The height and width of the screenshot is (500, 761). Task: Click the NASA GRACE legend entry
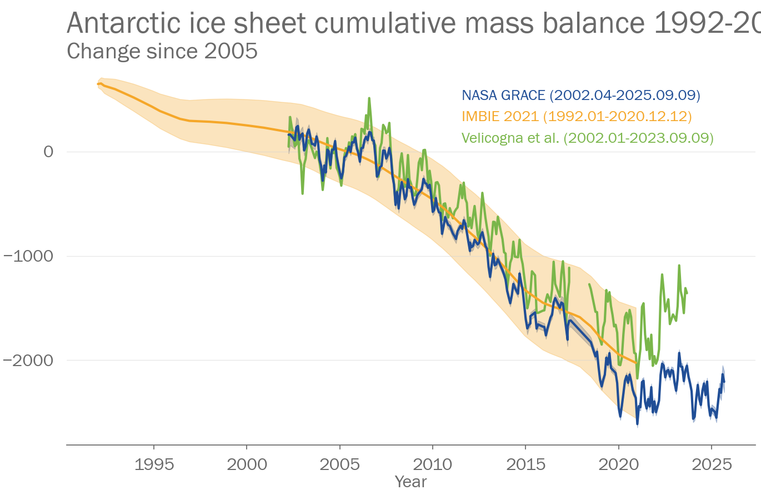580,95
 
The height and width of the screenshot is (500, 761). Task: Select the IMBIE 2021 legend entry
577,116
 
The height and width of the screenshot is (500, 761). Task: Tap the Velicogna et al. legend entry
587,138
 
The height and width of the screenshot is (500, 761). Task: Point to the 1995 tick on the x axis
154,464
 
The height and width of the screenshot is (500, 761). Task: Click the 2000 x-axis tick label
247,464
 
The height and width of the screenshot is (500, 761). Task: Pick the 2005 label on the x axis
339,464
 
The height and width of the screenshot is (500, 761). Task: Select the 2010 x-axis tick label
432,464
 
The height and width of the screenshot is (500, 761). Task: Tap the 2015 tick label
525,464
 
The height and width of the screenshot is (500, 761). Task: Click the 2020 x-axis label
618,464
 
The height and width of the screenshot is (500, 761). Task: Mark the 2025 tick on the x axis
712,464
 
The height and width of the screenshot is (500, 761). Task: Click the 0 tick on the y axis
49,152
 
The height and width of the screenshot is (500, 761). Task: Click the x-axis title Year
410,482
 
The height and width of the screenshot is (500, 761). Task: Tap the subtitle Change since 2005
162,51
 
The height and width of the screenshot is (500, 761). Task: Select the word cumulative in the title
385,23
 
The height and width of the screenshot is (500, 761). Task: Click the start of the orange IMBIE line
98,84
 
